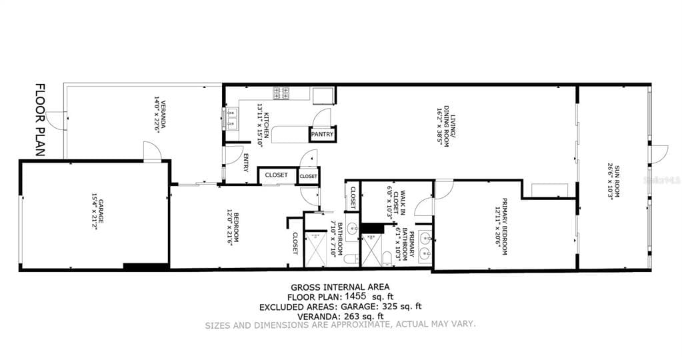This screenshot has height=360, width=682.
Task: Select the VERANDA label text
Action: pyautogui.click(x=157, y=115)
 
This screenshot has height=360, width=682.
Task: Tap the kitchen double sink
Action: pyautogui.click(x=231, y=119)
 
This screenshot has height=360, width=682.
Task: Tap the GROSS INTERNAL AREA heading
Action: pyautogui.click(x=341, y=288)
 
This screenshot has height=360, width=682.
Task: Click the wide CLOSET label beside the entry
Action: pyautogui.click(x=277, y=175)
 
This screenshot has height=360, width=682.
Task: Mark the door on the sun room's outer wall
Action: pyautogui.click(x=659, y=153)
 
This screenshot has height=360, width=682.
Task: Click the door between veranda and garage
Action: pyautogui.click(x=152, y=152)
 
